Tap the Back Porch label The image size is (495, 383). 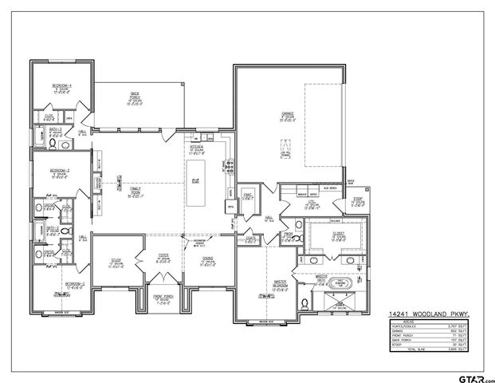click(136, 99)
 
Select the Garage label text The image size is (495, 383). click(288, 116)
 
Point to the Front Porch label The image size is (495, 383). click(164, 299)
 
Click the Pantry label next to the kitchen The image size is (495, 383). click(248, 195)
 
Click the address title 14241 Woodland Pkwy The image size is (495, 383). click(418, 314)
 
